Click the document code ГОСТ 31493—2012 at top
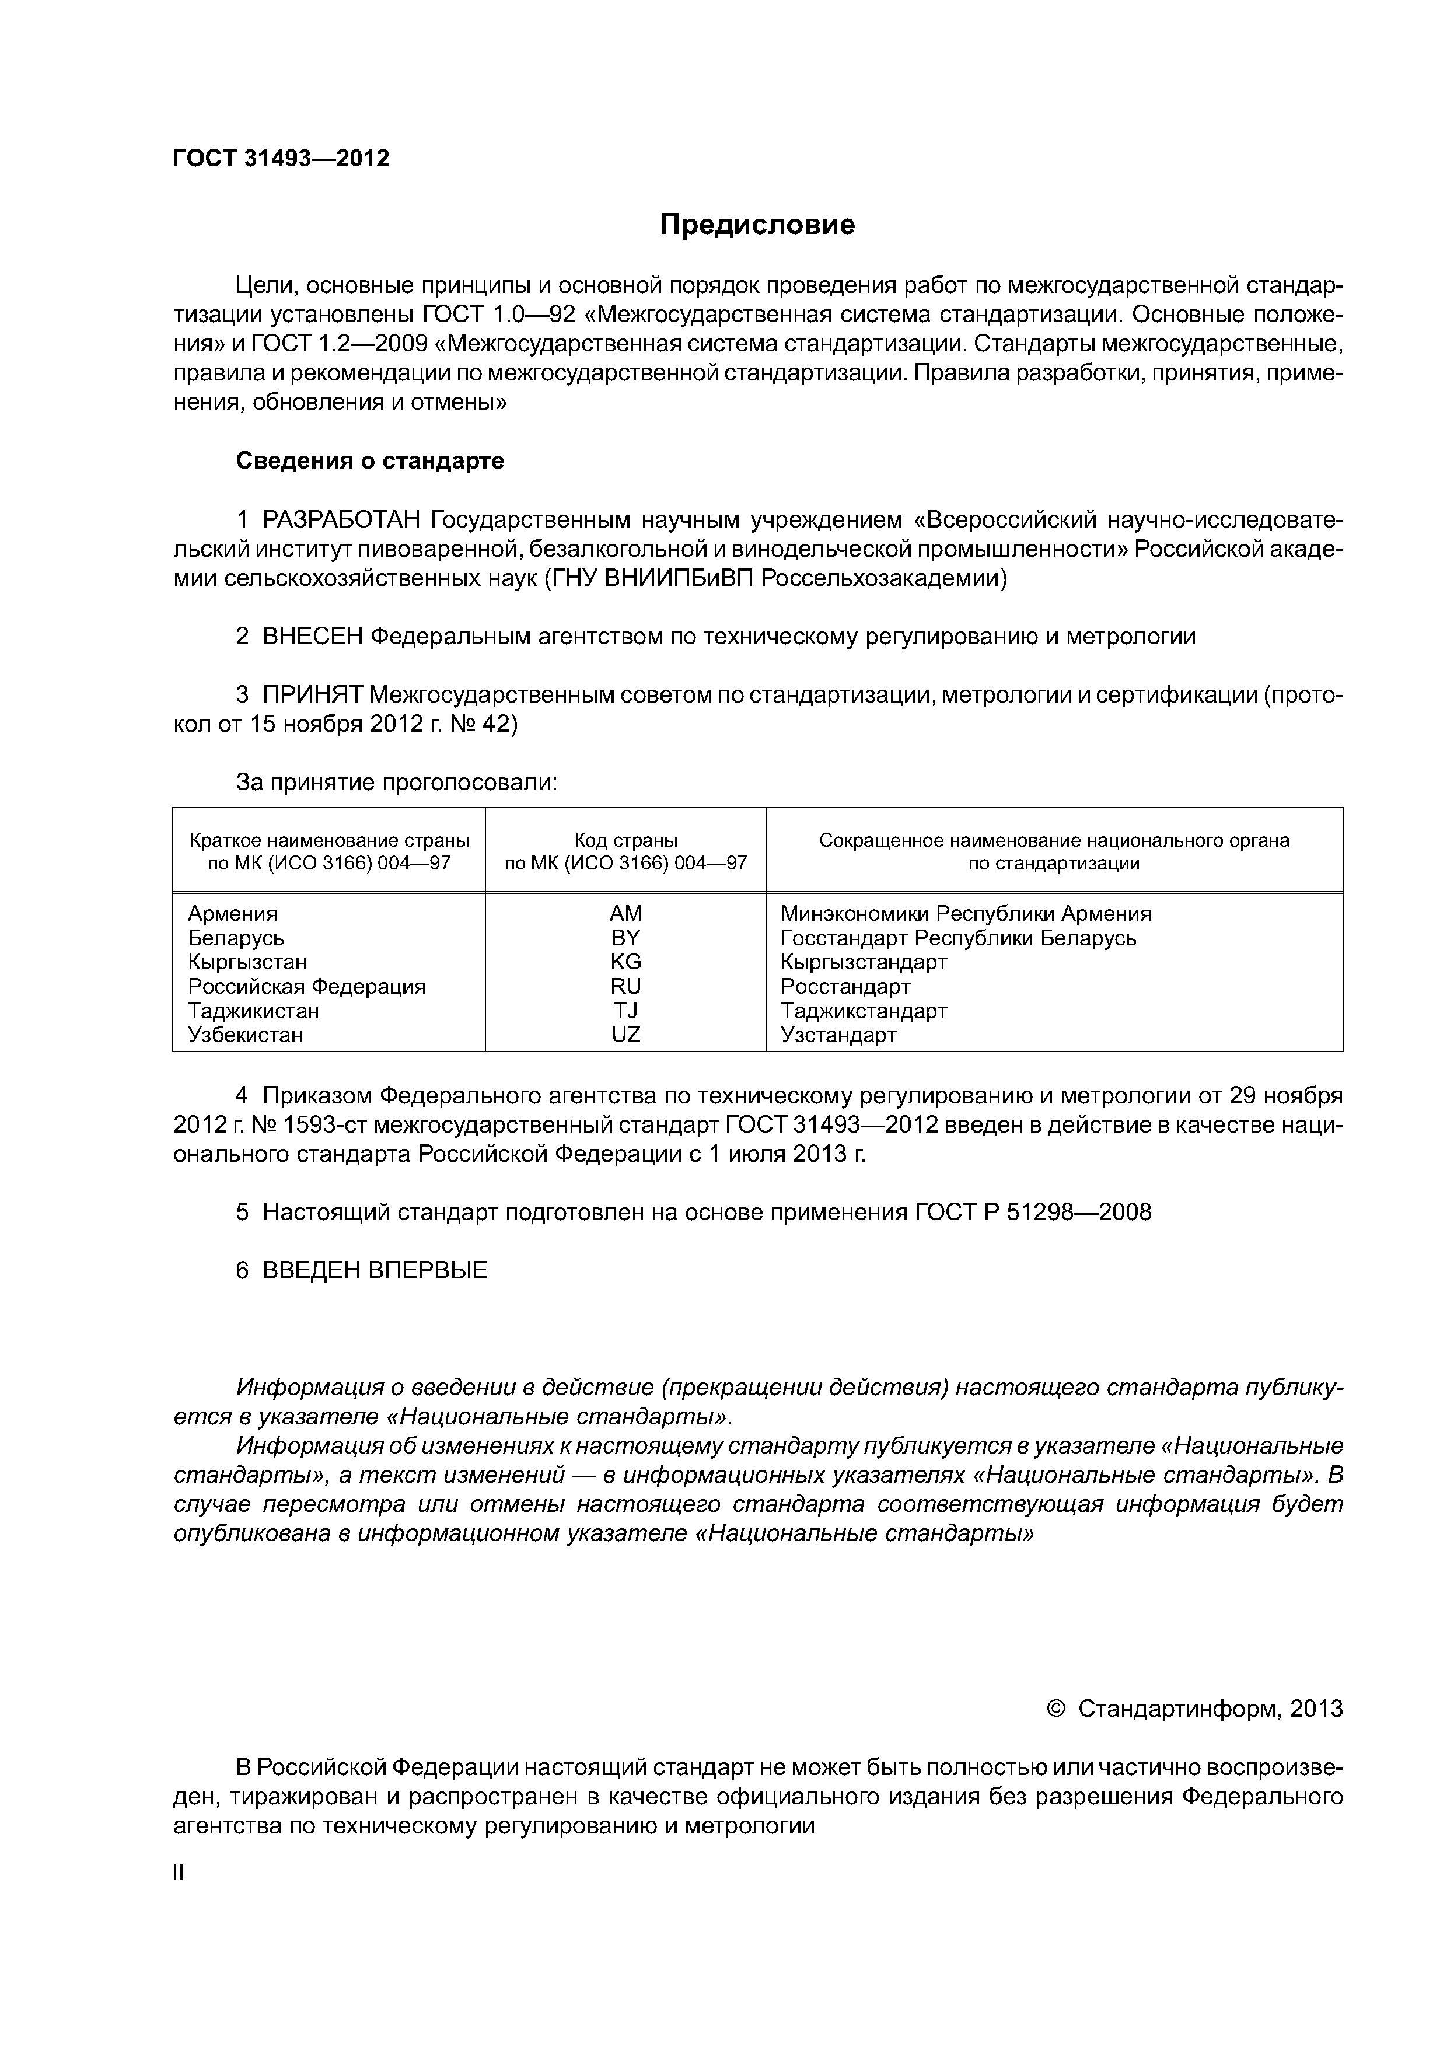(x=281, y=159)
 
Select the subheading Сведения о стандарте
(x=369, y=461)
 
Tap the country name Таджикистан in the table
(x=253, y=1011)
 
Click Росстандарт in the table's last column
(x=845, y=987)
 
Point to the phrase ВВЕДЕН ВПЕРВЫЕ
(x=375, y=1270)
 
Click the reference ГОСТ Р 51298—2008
(x=1032, y=1213)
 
